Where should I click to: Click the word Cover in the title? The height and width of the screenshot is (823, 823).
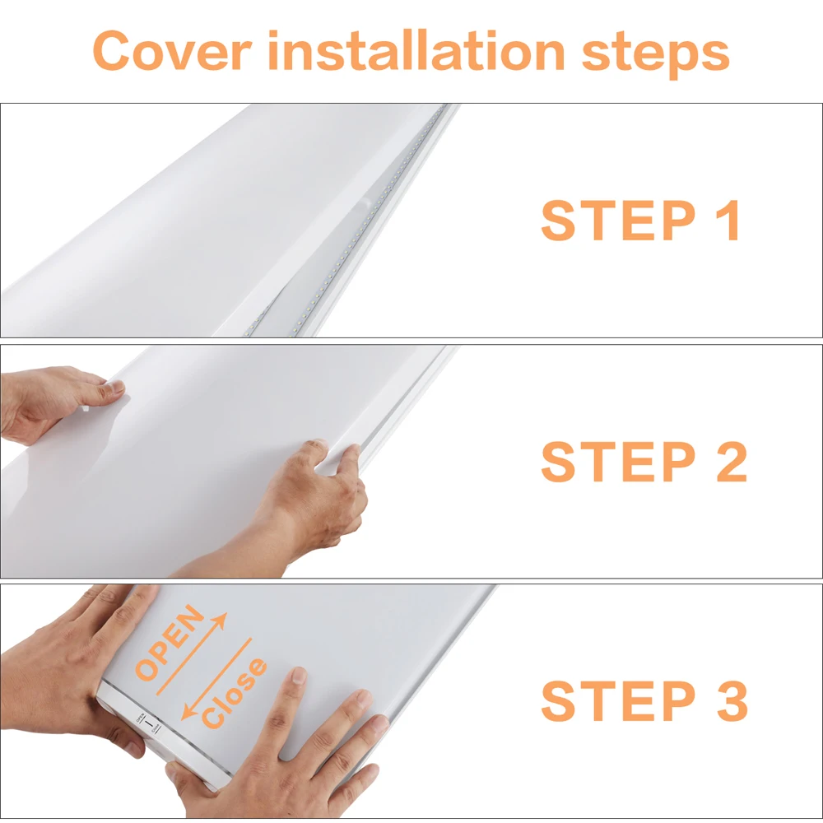point(172,50)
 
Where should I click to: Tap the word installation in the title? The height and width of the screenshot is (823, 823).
point(416,50)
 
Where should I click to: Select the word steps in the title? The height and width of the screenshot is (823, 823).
point(656,54)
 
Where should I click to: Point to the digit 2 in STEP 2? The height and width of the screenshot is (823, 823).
point(731,461)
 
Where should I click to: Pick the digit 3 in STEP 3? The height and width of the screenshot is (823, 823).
point(732,700)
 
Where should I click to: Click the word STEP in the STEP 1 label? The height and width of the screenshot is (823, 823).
point(618,220)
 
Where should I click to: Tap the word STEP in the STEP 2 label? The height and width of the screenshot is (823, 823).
point(618,461)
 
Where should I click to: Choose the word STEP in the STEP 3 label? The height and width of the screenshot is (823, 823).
point(618,700)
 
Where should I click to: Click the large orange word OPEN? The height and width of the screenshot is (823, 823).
point(169,643)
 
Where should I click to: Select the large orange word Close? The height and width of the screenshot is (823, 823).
point(234,693)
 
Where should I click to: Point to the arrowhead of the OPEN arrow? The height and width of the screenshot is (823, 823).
point(221,620)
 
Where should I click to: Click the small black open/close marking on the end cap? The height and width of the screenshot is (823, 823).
point(148,723)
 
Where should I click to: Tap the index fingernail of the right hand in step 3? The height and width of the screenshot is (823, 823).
point(299,675)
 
